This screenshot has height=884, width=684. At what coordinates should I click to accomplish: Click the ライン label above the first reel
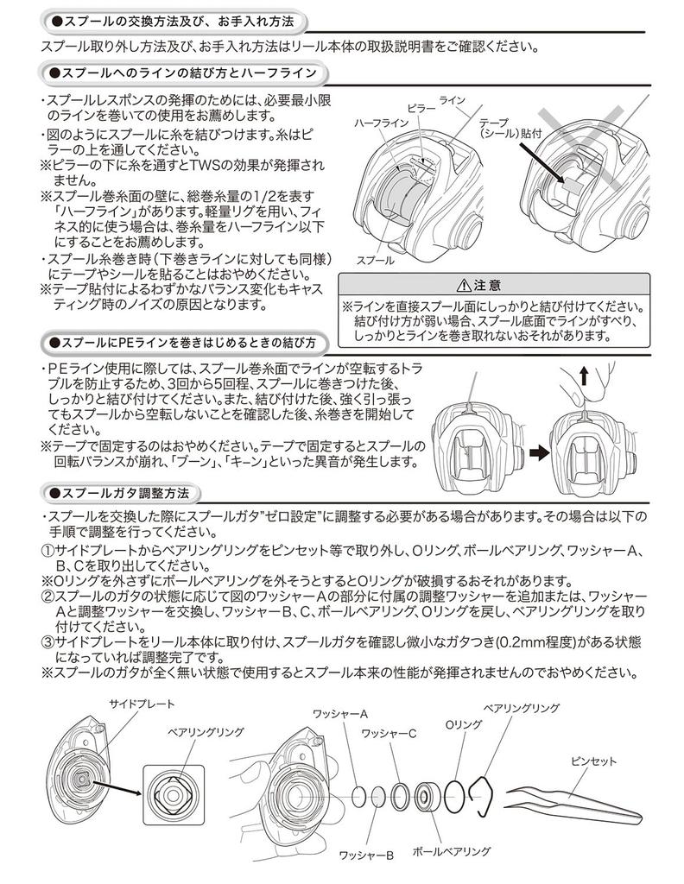(x=453, y=101)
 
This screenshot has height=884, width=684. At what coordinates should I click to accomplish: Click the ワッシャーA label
(x=340, y=714)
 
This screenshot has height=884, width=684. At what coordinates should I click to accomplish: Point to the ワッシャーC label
(x=389, y=734)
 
